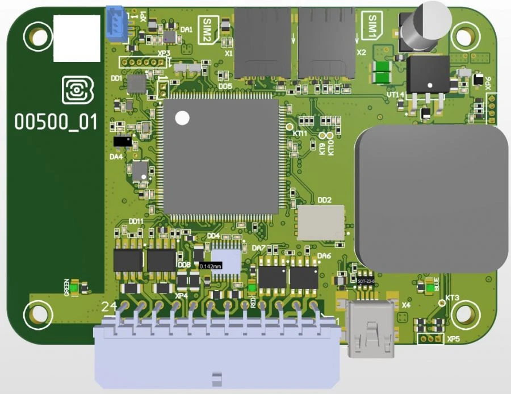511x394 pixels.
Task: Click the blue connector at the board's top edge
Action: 115,24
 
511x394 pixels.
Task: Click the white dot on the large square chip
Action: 182,118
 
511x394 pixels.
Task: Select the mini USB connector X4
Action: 372,329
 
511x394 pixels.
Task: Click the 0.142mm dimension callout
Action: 210,265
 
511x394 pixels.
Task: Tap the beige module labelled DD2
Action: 321,223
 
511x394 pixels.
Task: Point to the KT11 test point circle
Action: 289,127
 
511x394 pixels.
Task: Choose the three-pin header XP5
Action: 430,339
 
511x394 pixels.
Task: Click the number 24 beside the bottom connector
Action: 108,307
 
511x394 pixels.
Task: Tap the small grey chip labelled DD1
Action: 136,84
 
